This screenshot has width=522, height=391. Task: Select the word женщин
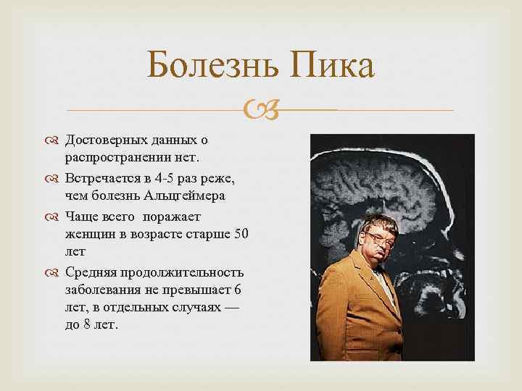point(86,234)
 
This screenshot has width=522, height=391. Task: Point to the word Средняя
point(91,272)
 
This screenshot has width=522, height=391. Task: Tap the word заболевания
point(99,290)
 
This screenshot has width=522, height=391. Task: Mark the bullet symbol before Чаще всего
point(55,215)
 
